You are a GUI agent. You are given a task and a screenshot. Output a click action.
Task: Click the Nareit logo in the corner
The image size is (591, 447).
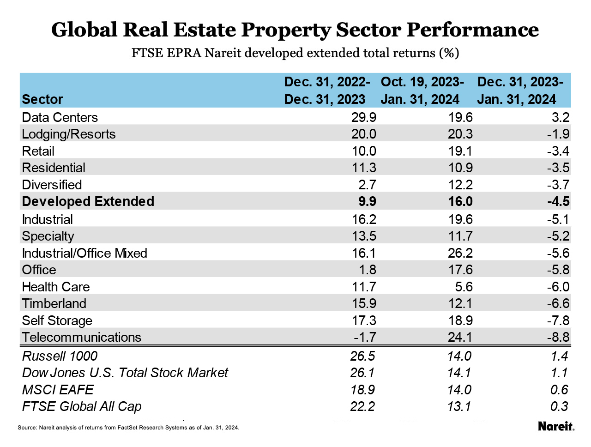pyautogui.click(x=556, y=426)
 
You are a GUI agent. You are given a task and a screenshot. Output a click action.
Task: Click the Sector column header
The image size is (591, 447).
pyautogui.click(x=42, y=99)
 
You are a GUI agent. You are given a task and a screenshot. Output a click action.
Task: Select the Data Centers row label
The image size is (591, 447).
pyautogui.click(x=60, y=117)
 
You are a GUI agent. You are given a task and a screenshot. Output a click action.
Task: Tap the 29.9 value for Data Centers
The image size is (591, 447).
pyautogui.click(x=364, y=117)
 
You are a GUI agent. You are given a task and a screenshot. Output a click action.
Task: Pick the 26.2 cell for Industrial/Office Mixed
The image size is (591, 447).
pyautogui.click(x=460, y=253)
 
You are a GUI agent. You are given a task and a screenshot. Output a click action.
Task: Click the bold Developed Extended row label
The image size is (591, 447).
pyautogui.click(x=88, y=201)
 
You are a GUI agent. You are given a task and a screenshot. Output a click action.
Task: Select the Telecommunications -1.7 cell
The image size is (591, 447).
pyautogui.click(x=365, y=337)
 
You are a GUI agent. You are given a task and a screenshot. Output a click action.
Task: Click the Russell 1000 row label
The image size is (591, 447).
pyautogui.click(x=60, y=356)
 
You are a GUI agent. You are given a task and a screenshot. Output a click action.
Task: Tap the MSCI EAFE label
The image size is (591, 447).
pyautogui.click(x=58, y=390)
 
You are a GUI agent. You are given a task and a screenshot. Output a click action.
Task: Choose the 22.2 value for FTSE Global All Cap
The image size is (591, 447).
pyautogui.click(x=363, y=406)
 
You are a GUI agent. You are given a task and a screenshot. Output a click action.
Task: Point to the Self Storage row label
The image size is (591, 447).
pyautogui.click(x=57, y=320)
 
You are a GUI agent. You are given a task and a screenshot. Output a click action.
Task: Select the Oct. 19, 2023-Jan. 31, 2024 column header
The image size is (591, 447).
pyautogui.click(x=422, y=91)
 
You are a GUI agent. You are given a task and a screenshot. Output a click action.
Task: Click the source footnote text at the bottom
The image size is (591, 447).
pyautogui.click(x=128, y=428)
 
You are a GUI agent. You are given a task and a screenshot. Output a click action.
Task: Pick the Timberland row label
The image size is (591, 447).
pyautogui.click(x=54, y=303)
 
